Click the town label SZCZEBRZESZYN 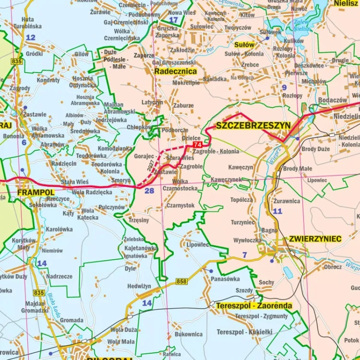tap(253, 126)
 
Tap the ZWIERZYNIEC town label tap(315, 239)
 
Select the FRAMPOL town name tap(36, 192)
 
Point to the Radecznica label tap(176, 71)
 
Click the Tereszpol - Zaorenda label tap(254, 306)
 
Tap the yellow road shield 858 tap(181, 281)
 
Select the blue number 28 tap(149, 191)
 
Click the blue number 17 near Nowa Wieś tap(173, 20)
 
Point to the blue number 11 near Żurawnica tap(277, 211)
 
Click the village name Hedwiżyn tap(140, 286)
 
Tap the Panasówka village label tap(225, 279)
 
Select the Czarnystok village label tap(180, 205)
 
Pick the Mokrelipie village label tap(186, 83)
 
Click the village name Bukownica tap(189, 334)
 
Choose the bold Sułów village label tap(244, 45)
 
